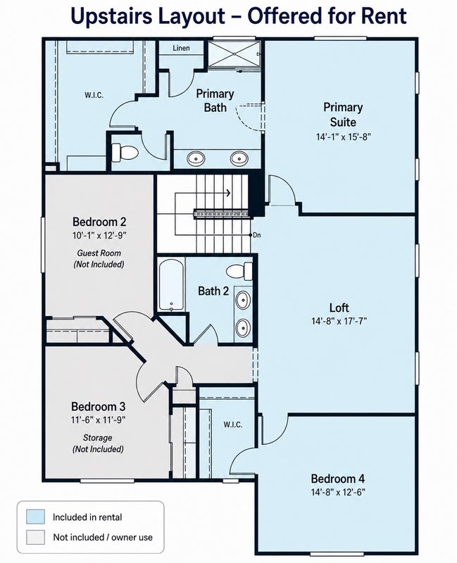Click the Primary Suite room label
coord(343,115)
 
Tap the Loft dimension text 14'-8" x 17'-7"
coord(339,321)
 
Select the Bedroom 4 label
coord(338,479)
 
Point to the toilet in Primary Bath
coord(125,153)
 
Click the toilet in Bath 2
coord(239,271)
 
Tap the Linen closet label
coord(181,48)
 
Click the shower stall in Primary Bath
coord(234,53)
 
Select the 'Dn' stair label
coord(256,235)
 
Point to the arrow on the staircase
coord(203,193)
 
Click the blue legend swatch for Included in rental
coord(36,517)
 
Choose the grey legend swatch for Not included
coord(36,537)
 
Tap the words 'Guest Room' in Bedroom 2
coord(99,253)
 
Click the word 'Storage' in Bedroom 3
coord(97,438)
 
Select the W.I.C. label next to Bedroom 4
coord(233,424)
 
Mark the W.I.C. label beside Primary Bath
coord(94,95)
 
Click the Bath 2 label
coord(213,291)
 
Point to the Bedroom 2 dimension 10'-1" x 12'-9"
coord(99,236)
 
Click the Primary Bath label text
coord(215,101)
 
